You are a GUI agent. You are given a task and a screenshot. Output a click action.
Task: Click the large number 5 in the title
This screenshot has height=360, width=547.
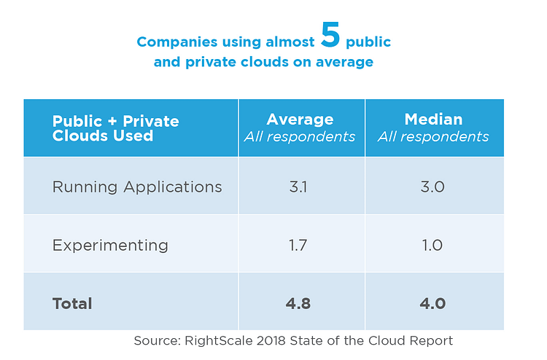tap(330, 36)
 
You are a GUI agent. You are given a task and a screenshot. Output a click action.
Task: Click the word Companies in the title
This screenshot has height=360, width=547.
tap(173, 42)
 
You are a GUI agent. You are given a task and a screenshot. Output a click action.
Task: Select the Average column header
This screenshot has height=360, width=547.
tap(300, 120)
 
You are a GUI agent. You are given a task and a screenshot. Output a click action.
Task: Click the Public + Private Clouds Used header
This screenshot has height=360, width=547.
tap(115, 128)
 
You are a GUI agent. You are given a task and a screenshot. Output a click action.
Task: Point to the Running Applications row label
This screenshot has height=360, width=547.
tap(137, 187)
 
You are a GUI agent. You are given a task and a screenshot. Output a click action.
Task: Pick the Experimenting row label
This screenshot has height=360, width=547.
tap(110, 245)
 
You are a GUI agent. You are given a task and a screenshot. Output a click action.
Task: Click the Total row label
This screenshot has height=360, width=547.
tap(72, 303)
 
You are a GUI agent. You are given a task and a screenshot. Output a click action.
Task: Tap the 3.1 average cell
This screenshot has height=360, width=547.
tap(300, 187)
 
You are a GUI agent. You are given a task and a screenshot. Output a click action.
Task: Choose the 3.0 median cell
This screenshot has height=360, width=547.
tap(432, 187)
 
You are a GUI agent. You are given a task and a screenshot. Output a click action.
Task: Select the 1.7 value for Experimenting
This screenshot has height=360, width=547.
tap(300, 245)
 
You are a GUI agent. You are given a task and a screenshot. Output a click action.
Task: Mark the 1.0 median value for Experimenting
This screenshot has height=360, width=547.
tap(432, 245)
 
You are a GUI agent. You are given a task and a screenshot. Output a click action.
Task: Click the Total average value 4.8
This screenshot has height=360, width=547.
tap(300, 303)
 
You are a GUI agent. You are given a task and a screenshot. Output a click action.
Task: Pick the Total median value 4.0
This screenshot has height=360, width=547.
tap(432, 303)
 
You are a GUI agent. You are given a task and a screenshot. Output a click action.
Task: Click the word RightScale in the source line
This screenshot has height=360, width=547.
tap(217, 340)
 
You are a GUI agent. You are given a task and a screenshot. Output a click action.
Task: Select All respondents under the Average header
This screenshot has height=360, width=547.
tap(300, 136)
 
